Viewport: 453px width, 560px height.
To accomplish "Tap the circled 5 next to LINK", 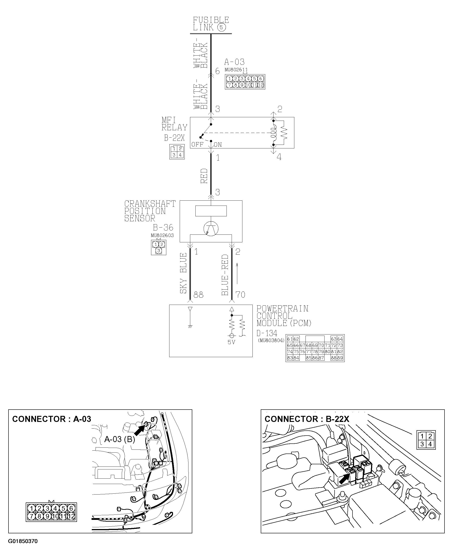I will click(222, 27).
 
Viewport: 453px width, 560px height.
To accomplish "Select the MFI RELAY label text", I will click(174, 124).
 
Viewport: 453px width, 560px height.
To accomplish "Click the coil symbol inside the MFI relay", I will click(274, 133).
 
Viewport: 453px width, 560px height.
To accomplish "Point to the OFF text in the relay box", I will click(197, 145).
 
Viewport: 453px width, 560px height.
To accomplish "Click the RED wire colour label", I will click(204, 176).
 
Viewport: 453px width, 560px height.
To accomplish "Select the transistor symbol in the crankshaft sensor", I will click(211, 229).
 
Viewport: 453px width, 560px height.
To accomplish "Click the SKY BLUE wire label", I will click(184, 273).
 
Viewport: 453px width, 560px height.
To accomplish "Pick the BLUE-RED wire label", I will click(225, 275).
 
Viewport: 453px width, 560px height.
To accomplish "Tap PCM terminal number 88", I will click(198, 295).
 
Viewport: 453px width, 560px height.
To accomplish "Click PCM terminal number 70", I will click(240, 295).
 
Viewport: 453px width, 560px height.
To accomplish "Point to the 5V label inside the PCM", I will click(231, 342).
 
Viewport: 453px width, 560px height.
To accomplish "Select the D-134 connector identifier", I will click(267, 333).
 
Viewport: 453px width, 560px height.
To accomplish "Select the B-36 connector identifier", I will click(163, 227).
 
